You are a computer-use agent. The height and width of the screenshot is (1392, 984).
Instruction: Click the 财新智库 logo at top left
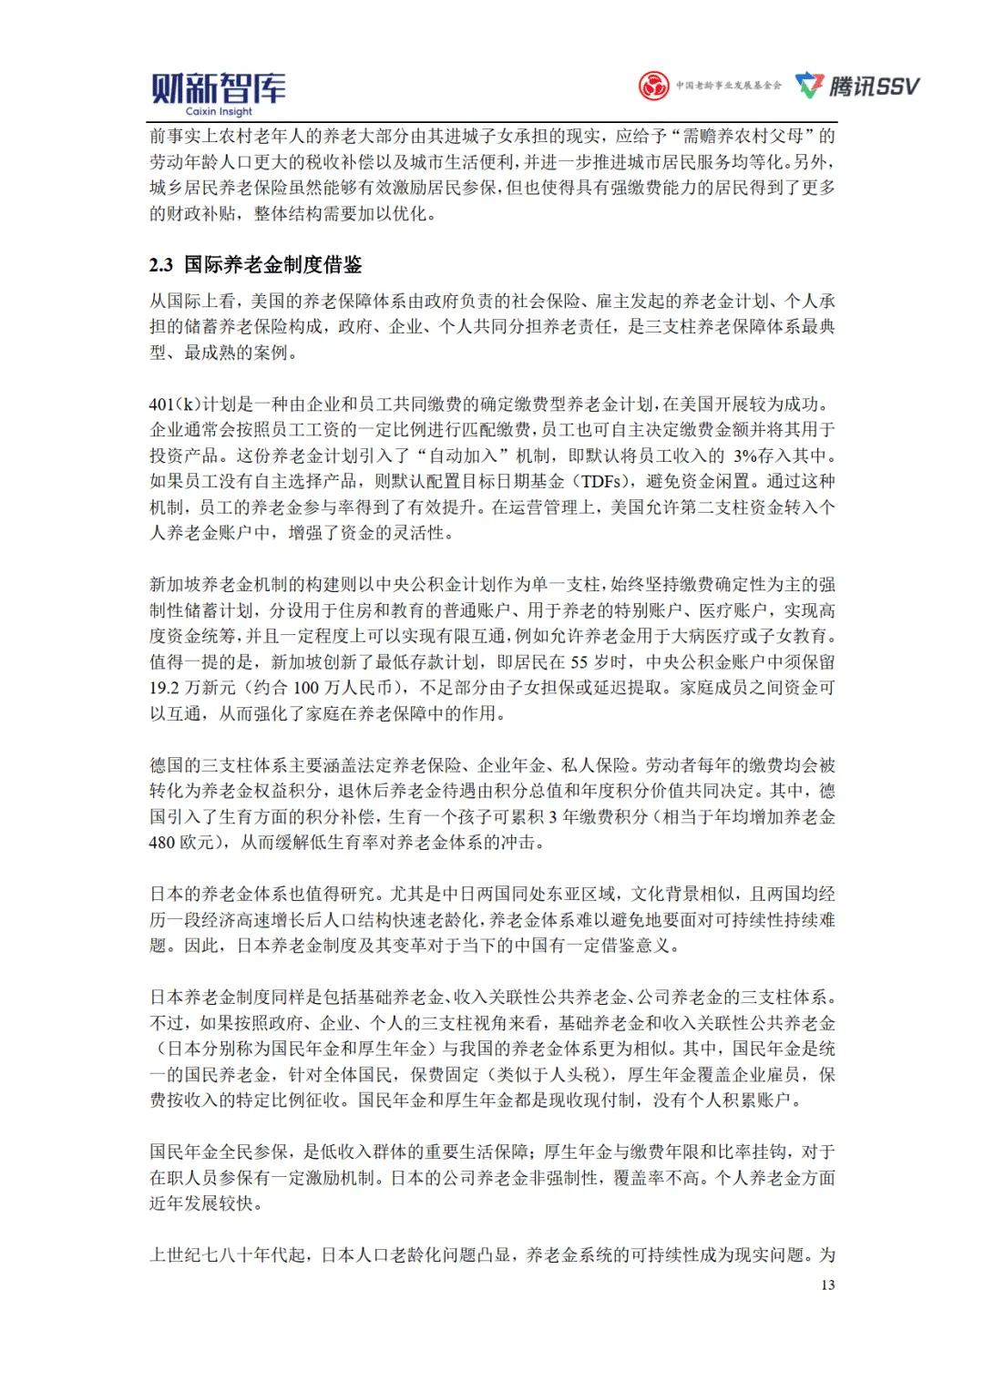click(x=218, y=88)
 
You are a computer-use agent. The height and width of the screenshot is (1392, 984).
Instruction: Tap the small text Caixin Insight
click(x=219, y=112)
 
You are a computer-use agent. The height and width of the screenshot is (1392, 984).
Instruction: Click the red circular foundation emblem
click(x=653, y=86)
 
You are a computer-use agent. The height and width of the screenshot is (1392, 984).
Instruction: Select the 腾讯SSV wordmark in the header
click(x=874, y=87)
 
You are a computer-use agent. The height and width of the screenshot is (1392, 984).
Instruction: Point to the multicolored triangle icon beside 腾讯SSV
click(x=809, y=86)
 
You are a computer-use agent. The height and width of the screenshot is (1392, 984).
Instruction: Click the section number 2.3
click(x=161, y=265)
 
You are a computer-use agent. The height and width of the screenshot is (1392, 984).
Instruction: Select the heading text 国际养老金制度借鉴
click(x=273, y=265)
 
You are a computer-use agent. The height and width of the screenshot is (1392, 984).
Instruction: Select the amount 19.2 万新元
click(x=192, y=688)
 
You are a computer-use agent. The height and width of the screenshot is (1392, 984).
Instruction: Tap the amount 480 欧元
click(x=181, y=843)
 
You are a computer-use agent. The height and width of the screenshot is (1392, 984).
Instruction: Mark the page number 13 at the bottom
click(x=827, y=1285)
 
